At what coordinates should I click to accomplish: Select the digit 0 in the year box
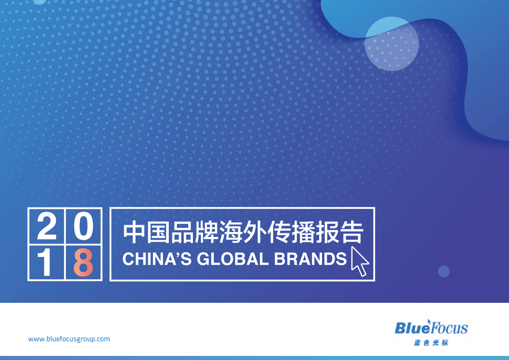[83, 227]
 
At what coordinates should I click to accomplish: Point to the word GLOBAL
[225, 259]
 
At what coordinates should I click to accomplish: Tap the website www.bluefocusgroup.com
[69, 339]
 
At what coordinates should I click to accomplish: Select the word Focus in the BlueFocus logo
[448, 328]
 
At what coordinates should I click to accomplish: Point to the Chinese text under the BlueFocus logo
[431, 343]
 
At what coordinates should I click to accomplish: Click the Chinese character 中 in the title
[135, 233]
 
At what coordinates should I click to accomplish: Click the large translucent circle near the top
[392, 44]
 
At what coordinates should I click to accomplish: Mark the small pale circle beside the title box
[444, 271]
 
